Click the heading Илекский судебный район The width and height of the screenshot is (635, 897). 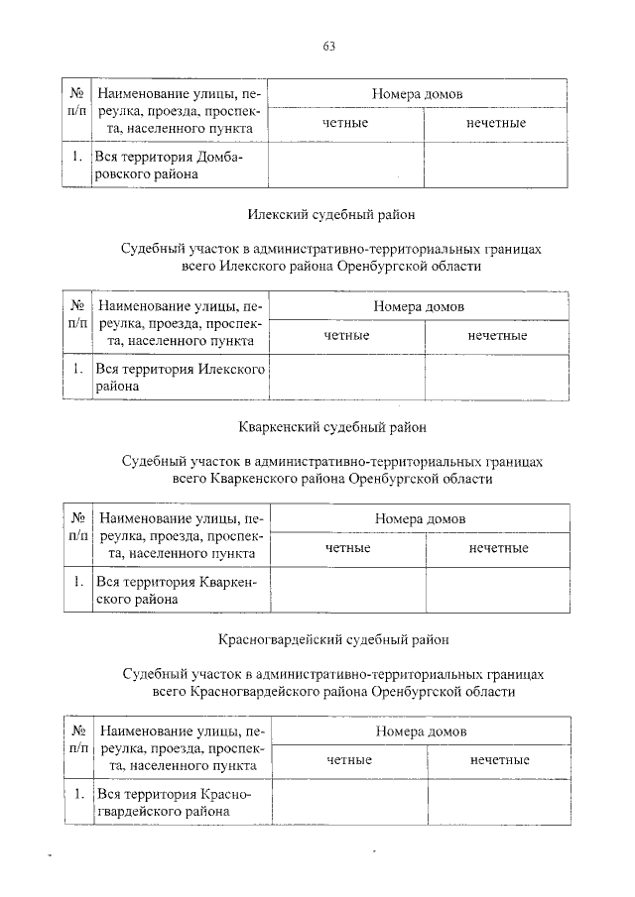(329, 213)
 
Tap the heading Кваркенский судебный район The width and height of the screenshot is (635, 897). (331, 427)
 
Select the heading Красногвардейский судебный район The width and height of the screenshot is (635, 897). (333, 640)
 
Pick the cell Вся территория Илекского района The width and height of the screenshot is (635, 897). (181, 378)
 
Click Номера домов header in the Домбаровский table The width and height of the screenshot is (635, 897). (418, 93)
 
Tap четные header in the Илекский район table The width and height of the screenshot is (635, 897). (347, 336)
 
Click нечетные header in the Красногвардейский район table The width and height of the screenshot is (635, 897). (499, 759)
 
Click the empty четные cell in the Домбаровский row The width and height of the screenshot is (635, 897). (346, 166)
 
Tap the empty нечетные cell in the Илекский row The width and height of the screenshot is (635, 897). (497, 378)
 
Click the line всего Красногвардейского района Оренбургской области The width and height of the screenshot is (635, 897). (333, 691)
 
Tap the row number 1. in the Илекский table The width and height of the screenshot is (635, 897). (76, 370)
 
